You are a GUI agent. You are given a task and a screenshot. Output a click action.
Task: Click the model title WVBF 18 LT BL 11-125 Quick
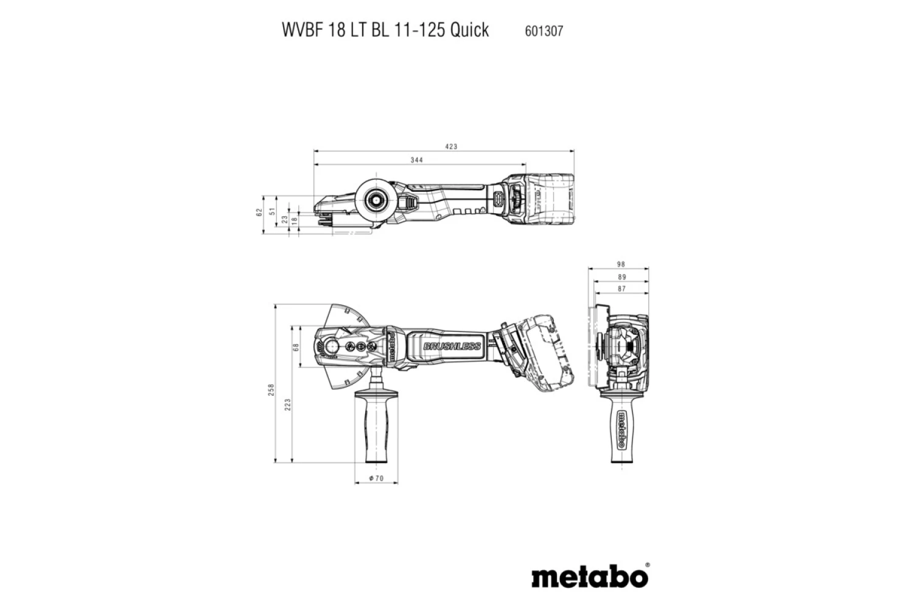coord(385,30)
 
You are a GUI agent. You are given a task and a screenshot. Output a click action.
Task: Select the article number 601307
coord(544,30)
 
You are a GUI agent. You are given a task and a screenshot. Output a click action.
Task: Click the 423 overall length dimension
coord(451,147)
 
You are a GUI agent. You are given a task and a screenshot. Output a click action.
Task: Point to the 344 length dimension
coord(416,160)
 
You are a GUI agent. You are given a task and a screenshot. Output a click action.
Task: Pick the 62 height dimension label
coord(259,213)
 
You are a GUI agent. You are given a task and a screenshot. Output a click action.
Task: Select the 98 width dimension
coord(621,264)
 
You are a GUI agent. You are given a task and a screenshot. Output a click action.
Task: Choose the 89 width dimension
coord(621,277)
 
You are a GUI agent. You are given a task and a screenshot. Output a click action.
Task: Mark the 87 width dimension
coord(621,289)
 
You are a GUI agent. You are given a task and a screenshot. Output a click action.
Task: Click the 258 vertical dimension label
coord(271,390)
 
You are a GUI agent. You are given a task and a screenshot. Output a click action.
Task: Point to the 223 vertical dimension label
coord(288,404)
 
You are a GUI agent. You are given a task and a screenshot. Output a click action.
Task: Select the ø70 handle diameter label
coord(376,479)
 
